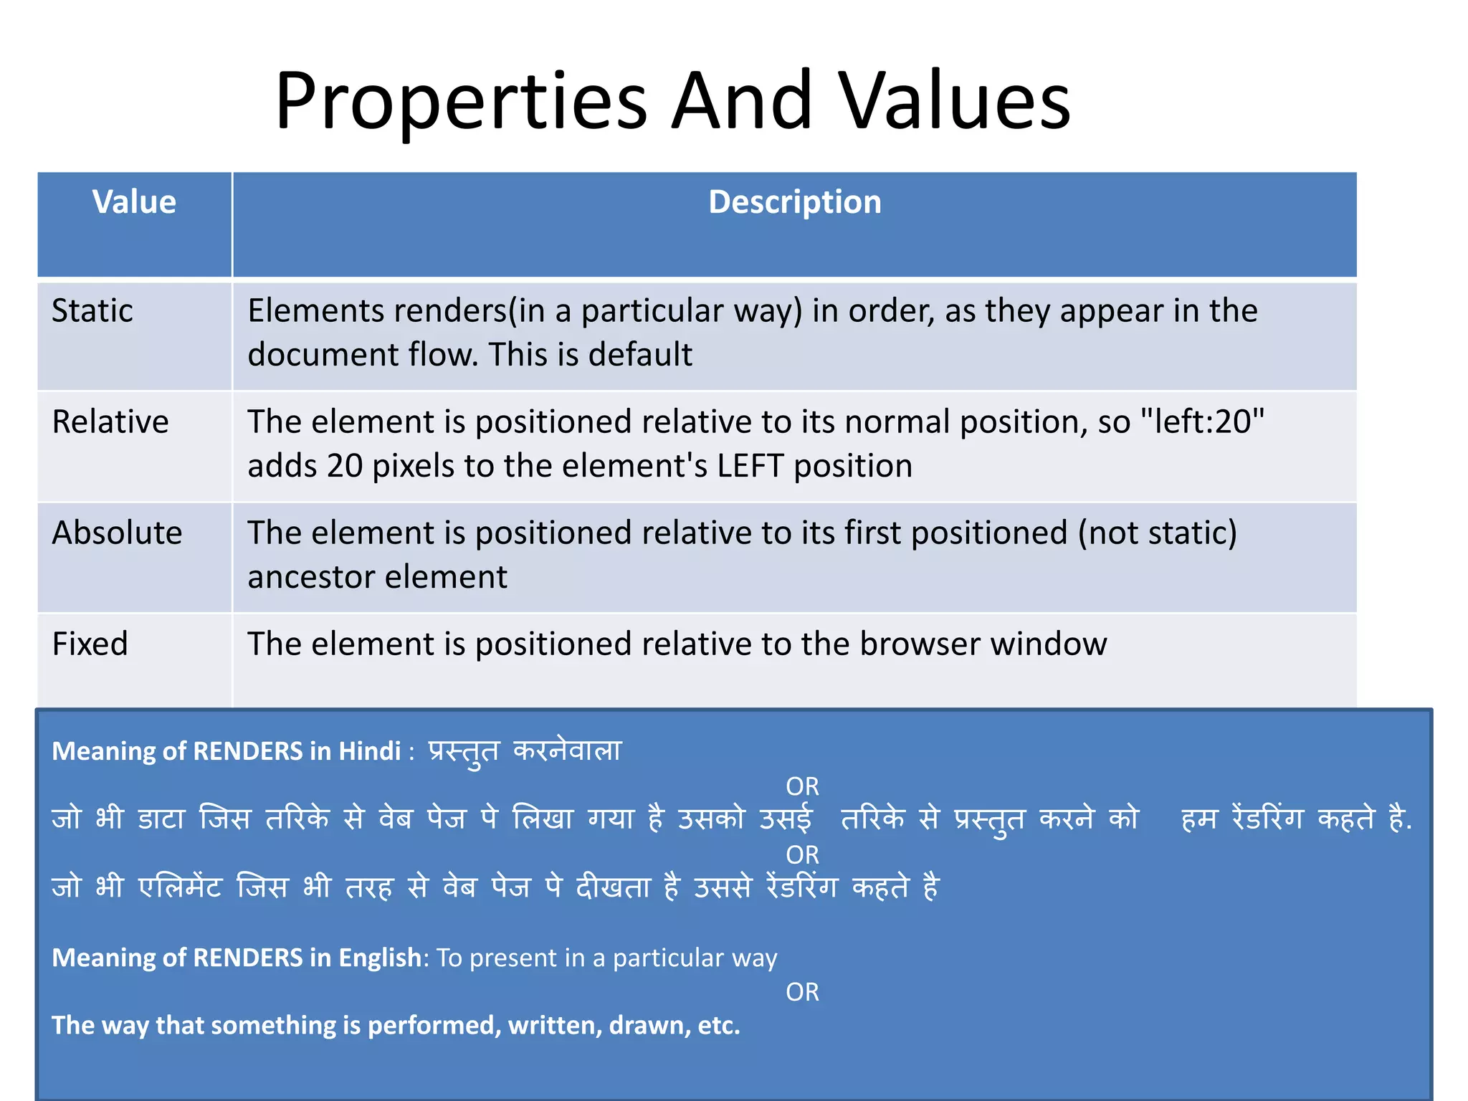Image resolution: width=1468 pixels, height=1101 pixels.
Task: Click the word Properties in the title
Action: click(461, 102)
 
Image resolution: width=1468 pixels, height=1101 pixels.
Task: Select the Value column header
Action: click(134, 202)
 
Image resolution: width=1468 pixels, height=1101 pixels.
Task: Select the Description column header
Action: click(794, 202)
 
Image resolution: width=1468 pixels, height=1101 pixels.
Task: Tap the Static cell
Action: click(92, 311)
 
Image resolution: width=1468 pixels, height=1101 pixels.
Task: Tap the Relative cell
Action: click(110, 421)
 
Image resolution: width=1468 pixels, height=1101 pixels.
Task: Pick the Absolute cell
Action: click(117, 533)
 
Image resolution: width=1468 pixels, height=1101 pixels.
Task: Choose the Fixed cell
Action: click(90, 644)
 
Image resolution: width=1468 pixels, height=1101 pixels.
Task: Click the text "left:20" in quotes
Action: click(1202, 421)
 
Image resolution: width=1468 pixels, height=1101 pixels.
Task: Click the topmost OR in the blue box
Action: click(802, 786)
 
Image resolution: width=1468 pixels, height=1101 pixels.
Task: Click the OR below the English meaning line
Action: click(802, 992)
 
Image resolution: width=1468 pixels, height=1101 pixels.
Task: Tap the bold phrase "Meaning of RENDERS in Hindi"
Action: click(227, 751)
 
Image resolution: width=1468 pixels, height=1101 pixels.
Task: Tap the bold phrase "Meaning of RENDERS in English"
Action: click(237, 958)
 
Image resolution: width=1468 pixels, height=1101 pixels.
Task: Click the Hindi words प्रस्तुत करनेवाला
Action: click(525, 751)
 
